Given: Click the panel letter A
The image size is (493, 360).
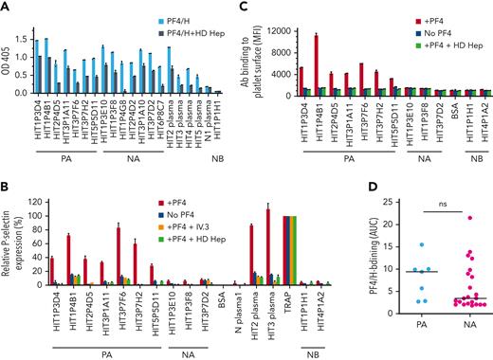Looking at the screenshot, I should [x=7, y=7].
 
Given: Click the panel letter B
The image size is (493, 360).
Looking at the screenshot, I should [x=7, y=171].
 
